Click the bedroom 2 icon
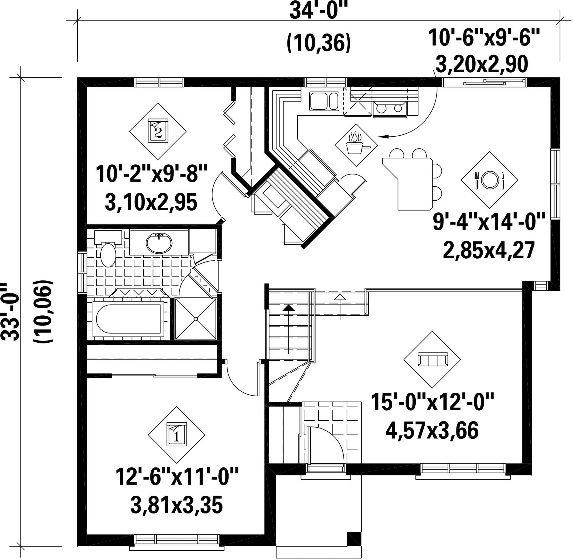(x=158, y=131)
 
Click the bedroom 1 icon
(x=177, y=435)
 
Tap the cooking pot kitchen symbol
(x=356, y=145)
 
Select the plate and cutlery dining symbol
(x=489, y=180)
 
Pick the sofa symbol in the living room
(x=432, y=360)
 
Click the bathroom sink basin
(x=159, y=243)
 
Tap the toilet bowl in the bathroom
(x=108, y=255)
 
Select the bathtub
(x=129, y=319)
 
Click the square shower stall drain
(x=196, y=319)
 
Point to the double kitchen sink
(x=324, y=101)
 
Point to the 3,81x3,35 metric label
(x=176, y=506)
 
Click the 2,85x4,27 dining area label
(x=489, y=250)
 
